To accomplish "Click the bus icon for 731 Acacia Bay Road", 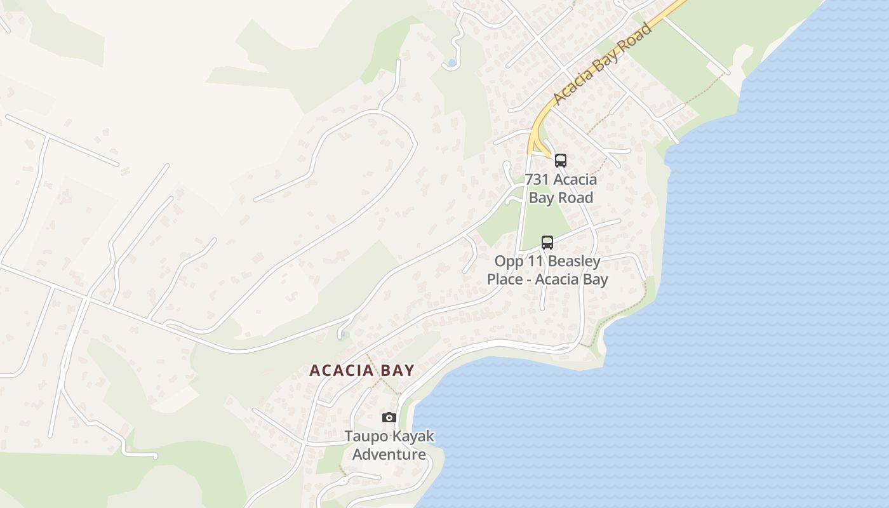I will [560, 160].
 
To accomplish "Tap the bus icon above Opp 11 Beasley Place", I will [547, 242].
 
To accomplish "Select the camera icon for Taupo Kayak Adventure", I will [389, 417].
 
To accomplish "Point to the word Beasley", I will [573, 261].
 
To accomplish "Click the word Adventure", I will [389, 455].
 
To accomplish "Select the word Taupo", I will [364, 436].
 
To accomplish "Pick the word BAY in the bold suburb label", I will [397, 371].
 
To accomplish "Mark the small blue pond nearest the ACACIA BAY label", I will [342, 333].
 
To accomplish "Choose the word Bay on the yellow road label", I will [606, 62].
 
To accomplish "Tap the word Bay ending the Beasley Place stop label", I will [595, 279].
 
